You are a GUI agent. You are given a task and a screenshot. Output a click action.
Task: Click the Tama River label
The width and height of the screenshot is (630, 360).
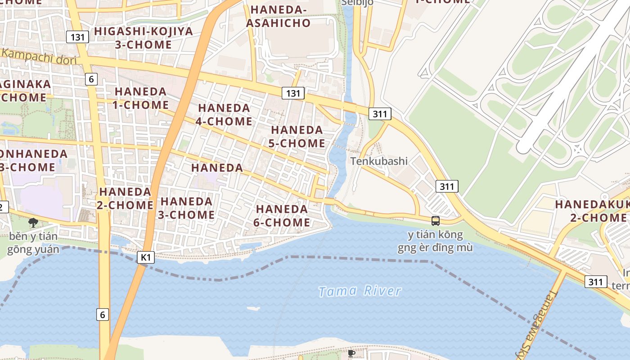360,291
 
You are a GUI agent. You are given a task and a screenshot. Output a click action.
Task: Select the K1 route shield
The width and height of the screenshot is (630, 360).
145,257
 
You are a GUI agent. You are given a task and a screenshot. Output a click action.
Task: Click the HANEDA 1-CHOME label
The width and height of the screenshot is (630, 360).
141,98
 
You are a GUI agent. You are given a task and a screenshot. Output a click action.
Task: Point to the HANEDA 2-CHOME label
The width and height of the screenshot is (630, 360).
126,198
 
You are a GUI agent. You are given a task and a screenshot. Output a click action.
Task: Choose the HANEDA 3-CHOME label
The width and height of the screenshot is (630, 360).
186,208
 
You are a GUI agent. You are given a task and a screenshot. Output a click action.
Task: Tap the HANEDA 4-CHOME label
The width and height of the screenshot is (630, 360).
224,115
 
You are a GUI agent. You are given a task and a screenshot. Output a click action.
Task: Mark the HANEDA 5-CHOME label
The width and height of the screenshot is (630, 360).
297,137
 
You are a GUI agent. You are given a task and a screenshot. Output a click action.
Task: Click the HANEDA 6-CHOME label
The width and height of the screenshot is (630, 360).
282,216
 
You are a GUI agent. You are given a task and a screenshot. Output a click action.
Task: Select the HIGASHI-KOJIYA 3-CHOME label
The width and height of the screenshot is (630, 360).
144,38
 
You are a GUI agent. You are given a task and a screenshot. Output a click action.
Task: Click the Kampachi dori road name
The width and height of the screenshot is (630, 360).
39,56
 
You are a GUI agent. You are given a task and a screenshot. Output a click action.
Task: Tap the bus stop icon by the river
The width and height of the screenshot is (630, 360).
436,220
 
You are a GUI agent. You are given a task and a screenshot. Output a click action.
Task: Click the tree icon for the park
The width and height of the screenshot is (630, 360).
33,222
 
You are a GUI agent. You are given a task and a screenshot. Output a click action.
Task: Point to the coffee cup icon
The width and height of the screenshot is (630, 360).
351,354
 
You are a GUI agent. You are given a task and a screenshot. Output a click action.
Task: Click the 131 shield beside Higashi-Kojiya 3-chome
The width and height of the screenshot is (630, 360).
77,37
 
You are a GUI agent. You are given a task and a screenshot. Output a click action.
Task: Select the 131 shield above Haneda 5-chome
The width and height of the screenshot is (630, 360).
293,93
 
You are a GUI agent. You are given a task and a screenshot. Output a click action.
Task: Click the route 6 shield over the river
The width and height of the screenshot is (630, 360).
103,315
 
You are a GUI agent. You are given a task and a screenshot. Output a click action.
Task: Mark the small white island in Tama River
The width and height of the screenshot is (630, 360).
253,308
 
